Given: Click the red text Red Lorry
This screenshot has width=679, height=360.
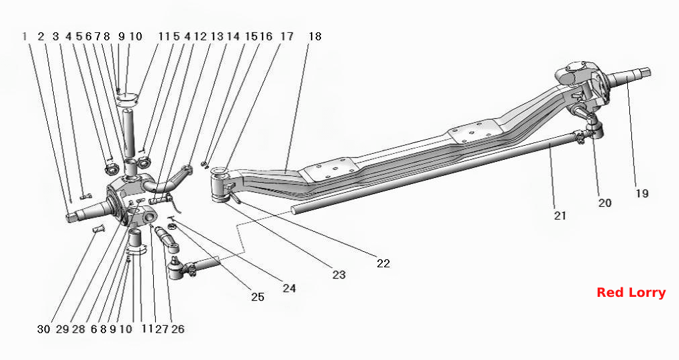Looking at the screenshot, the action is point(631,293).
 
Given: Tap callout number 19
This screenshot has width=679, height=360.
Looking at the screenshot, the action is point(642,193).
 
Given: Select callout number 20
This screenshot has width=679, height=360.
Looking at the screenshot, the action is point(605,202).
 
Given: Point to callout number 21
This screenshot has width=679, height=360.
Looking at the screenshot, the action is point(560,216).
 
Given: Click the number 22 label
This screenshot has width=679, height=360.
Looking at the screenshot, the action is point(383,263).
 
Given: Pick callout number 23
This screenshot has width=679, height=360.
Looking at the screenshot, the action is point(339,274).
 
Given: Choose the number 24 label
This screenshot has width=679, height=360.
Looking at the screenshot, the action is point(289,287).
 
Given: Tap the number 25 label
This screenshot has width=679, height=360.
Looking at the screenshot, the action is point(258,297).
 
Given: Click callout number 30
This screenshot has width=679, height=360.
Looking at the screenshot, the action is point(44,329).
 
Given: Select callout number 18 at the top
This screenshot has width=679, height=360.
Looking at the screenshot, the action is point(315,36).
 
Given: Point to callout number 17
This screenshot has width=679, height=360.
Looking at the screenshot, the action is point(287,36).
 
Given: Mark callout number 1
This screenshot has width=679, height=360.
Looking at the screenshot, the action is point(25,36).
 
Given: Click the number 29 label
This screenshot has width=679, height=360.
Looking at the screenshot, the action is point(62,329).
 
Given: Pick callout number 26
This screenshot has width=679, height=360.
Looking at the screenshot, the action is point(177,329).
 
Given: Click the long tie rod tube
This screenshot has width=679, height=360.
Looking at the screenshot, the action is point(433,174).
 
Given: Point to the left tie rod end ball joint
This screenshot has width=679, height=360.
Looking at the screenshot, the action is point(177,269).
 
